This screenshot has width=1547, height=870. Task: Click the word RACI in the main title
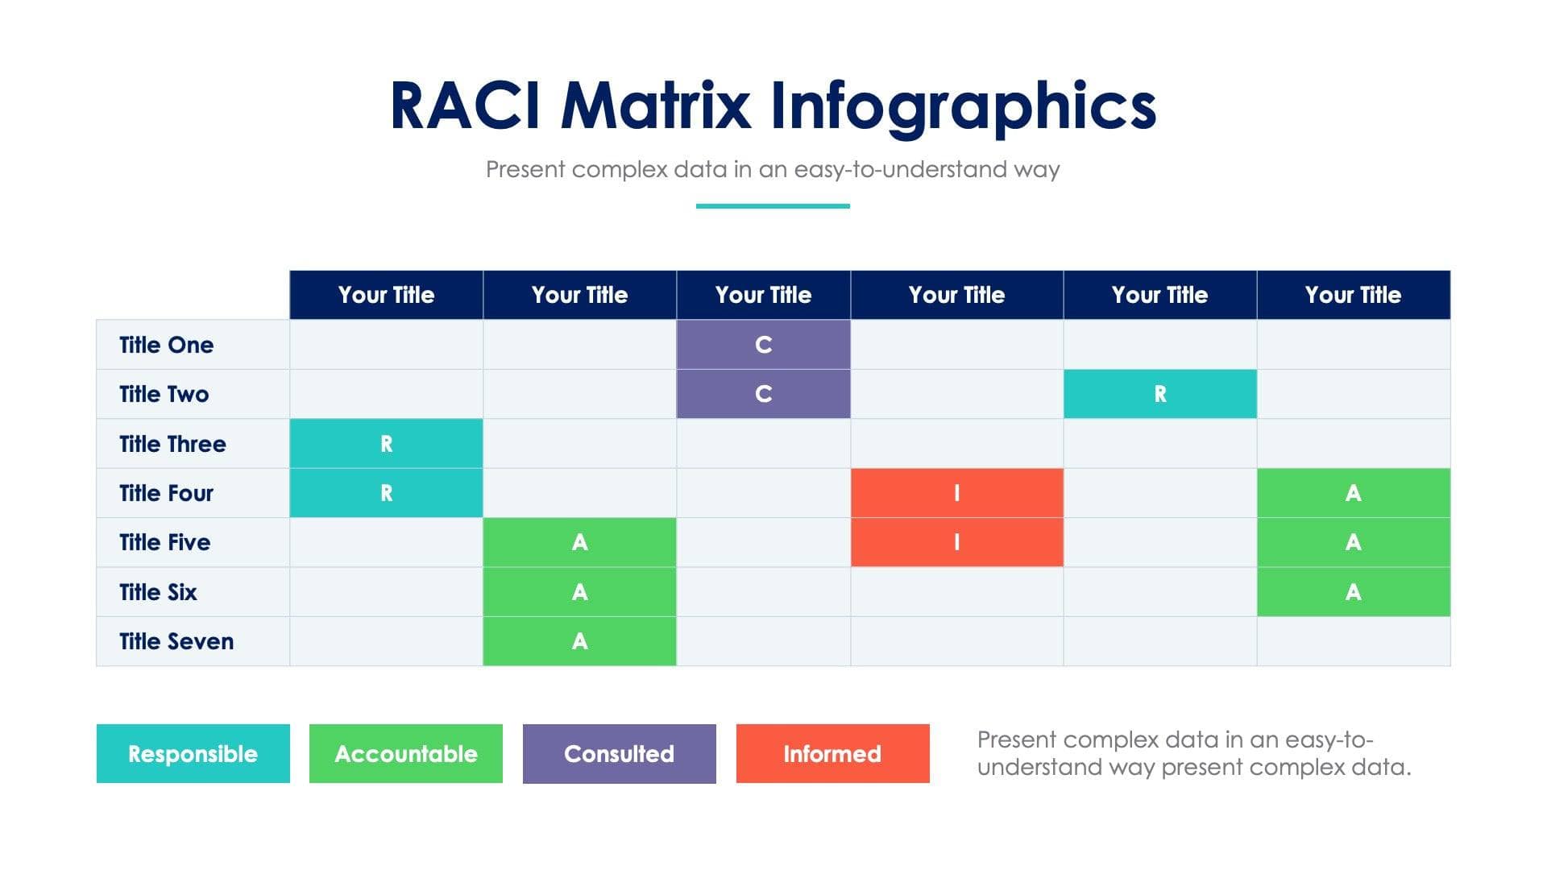(465, 106)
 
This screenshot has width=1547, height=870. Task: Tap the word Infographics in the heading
(963, 106)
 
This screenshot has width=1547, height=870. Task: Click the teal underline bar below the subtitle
(773, 206)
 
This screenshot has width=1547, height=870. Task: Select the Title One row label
(167, 345)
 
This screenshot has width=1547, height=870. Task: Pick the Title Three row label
(172, 444)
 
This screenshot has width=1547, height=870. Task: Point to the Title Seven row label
(176, 641)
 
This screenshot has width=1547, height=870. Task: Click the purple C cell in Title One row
(763, 345)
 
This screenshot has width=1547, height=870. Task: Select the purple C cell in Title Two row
(763, 394)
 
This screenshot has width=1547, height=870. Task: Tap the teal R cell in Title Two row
(1159, 394)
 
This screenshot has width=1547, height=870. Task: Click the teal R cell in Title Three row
(386, 444)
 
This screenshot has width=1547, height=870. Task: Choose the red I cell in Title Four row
(956, 493)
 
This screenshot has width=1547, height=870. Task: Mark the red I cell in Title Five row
(956, 542)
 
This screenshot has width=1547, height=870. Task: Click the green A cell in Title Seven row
(579, 641)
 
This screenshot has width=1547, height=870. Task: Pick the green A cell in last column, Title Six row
(1353, 592)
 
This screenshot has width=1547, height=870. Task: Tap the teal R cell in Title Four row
(386, 493)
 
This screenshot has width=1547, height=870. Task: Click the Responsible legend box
(193, 753)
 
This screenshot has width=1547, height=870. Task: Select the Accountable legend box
(405, 753)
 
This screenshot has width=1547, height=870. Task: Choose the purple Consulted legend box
(619, 753)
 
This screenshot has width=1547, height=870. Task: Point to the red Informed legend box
(832, 753)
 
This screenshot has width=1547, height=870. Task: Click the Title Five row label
(165, 542)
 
